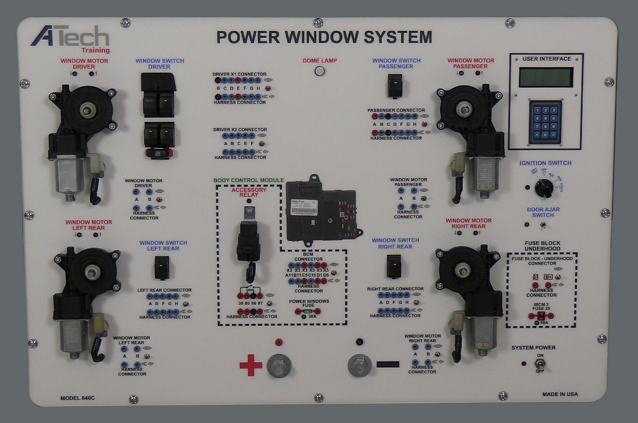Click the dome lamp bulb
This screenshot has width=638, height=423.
[320, 71]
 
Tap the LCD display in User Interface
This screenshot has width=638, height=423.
[546, 77]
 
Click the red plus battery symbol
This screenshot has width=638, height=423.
[251, 365]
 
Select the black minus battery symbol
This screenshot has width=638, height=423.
[387, 364]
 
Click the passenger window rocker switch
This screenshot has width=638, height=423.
[395, 86]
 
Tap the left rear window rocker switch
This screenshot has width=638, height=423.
[162, 267]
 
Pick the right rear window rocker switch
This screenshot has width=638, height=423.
[394, 266]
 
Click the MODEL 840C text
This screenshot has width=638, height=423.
[77, 398]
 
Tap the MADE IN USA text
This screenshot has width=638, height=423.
[560, 394]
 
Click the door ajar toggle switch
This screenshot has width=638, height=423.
[543, 225]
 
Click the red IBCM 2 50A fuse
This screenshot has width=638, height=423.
[541, 316]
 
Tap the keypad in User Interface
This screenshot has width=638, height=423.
[545, 122]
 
